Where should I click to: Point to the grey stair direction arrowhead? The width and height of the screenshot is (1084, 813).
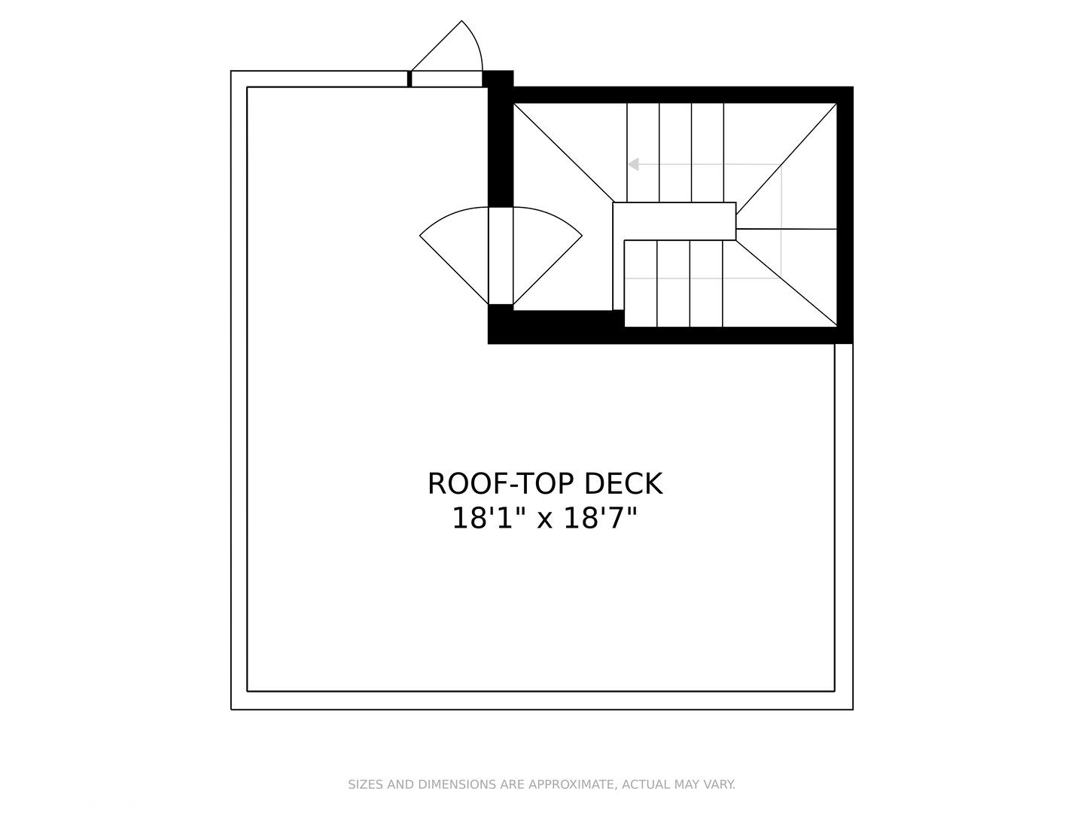[x=634, y=164]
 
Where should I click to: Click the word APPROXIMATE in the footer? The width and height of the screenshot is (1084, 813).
[x=570, y=784]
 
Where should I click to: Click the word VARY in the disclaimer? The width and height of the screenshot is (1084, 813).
[x=719, y=784]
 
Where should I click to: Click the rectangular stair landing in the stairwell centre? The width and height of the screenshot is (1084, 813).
[x=674, y=221]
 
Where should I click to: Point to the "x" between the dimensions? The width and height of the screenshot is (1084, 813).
[x=545, y=519]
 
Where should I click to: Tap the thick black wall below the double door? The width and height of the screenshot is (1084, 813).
[x=556, y=326]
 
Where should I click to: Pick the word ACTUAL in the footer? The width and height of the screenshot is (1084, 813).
[x=644, y=784]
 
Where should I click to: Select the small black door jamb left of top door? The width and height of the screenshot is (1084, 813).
[x=410, y=78]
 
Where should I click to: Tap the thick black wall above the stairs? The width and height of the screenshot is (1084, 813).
[x=677, y=95]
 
